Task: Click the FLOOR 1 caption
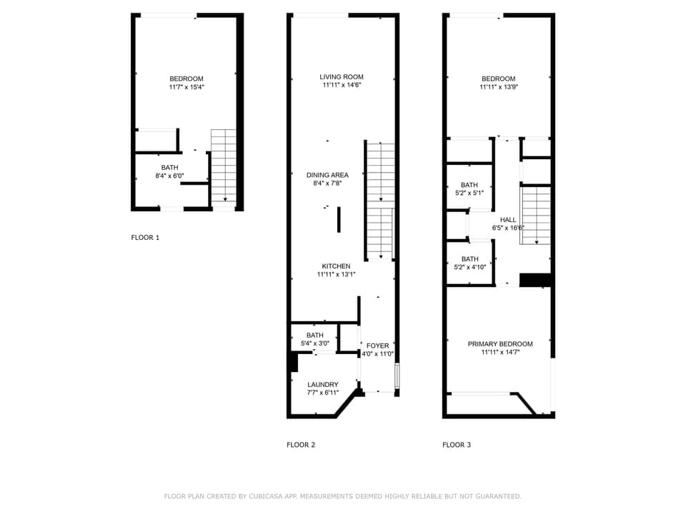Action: [x=145, y=237]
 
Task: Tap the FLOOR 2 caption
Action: [x=301, y=445]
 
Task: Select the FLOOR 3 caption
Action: [x=457, y=445]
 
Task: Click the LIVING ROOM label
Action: [x=342, y=77]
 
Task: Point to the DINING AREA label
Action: [x=327, y=175]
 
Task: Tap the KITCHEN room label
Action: [x=336, y=266]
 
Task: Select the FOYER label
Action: [x=377, y=346]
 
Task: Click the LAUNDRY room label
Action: [x=323, y=385]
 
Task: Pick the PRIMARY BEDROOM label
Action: [x=500, y=344]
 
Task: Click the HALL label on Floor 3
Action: [x=508, y=220]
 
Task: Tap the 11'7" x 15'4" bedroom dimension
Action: [x=187, y=87]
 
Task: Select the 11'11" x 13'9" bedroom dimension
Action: [x=498, y=87]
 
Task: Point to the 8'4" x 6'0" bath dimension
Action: [x=170, y=176]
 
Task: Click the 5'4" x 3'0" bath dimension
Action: [x=315, y=343]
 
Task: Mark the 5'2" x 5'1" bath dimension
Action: [x=469, y=193]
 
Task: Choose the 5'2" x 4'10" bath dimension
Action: [x=470, y=267]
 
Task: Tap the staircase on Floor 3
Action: [x=535, y=214]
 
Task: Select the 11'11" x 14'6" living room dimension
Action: [x=342, y=86]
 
